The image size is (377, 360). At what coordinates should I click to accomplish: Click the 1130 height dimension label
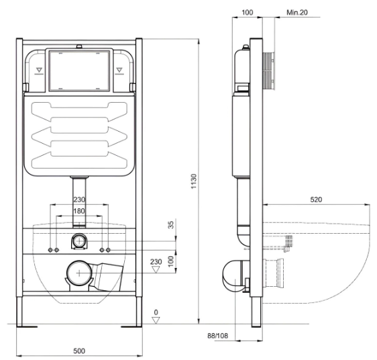(194, 181)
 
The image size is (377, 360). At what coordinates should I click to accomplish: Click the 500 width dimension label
(79, 351)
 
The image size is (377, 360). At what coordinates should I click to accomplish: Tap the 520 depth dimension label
(316, 199)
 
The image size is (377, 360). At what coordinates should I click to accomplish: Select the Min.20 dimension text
(297, 13)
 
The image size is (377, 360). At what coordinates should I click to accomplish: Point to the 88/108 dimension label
(218, 335)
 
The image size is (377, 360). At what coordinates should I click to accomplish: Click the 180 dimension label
(79, 211)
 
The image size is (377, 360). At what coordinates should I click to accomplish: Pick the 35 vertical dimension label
(170, 225)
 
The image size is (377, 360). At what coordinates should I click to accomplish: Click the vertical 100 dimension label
(170, 261)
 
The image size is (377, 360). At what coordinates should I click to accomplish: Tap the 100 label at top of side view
(247, 13)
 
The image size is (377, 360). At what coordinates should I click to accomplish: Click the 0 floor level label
(156, 312)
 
